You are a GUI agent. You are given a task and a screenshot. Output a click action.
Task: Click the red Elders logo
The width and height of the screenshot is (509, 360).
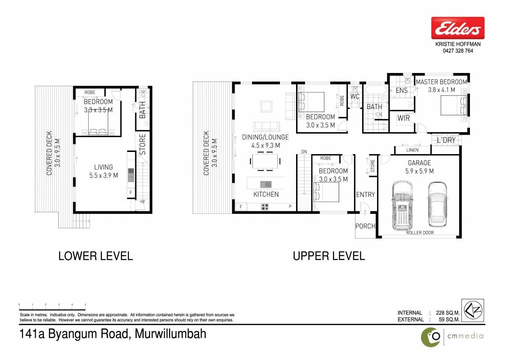(x=458, y=28)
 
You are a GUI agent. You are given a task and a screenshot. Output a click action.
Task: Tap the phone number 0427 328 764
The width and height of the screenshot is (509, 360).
(x=458, y=51)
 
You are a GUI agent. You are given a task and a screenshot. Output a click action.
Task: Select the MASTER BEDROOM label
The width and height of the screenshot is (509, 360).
(x=442, y=82)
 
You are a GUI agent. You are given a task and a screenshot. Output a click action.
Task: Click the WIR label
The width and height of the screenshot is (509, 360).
(x=403, y=118)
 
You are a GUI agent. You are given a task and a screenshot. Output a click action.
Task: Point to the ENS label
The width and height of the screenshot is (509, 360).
(x=402, y=90)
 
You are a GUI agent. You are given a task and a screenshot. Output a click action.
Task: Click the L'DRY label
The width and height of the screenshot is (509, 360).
(x=446, y=140)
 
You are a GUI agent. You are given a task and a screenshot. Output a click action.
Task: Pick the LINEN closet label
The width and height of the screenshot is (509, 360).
(x=412, y=150)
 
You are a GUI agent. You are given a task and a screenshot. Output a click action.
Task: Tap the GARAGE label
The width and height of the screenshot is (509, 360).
(x=419, y=163)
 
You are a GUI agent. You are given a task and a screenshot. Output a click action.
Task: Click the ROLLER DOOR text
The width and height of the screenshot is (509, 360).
(x=420, y=233)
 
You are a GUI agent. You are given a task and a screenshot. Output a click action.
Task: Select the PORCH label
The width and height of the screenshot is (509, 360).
(x=365, y=226)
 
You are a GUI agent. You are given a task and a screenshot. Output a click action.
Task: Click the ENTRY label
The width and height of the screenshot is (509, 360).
(x=365, y=195)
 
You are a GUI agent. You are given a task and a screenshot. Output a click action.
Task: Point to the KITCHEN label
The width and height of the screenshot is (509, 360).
(x=266, y=194)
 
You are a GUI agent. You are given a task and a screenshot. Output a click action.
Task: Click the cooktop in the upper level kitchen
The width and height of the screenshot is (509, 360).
(x=265, y=207)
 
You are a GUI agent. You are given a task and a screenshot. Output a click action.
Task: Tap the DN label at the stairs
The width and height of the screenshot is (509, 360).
(x=304, y=152)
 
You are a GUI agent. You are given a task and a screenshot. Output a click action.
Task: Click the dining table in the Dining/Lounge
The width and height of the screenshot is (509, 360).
(x=265, y=161)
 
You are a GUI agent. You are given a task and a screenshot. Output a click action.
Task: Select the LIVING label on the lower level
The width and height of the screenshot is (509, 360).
(x=103, y=167)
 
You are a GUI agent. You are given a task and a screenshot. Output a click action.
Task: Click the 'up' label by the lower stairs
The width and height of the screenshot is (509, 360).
(x=143, y=201)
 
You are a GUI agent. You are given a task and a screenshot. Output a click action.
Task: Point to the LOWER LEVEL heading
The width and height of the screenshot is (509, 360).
(x=95, y=256)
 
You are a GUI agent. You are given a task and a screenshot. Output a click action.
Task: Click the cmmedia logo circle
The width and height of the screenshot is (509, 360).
(x=431, y=337)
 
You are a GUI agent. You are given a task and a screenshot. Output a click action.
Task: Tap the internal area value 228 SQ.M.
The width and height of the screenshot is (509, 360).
(x=447, y=313)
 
